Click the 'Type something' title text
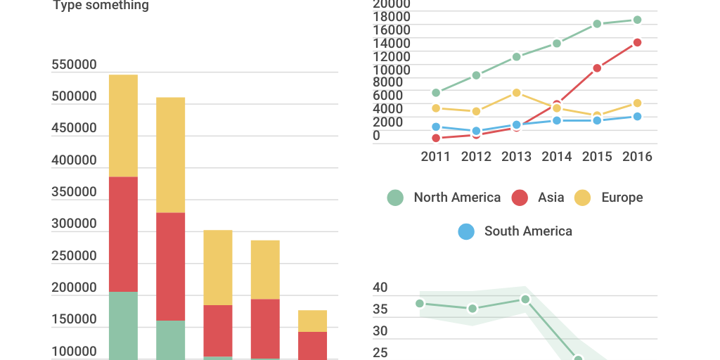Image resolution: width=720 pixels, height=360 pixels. (x=101, y=6)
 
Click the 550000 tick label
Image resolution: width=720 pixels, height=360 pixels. (x=74, y=65)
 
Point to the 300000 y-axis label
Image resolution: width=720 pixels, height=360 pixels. (x=74, y=224)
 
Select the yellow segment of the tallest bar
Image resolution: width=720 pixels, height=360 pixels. (x=123, y=125)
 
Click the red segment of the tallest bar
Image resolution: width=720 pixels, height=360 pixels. (x=123, y=233)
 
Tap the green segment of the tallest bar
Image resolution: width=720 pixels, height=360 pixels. (x=123, y=325)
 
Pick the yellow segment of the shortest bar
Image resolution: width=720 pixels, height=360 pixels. (x=312, y=321)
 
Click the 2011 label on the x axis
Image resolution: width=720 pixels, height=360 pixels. (x=436, y=156)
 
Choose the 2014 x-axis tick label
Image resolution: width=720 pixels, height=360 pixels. (x=557, y=156)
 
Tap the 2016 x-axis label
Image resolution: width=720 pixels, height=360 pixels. (x=637, y=156)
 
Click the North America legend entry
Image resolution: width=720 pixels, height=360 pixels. (x=444, y=198)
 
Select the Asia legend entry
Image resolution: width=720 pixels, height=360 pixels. (x=538, y=198)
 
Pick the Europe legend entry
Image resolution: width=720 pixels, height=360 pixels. (x=609, y=198)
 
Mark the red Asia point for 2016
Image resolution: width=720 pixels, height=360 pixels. (x=637, y=42)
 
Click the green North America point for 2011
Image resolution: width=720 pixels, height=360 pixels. (x=436, y=93)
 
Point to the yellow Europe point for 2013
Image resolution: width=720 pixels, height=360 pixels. (x=517, y=93)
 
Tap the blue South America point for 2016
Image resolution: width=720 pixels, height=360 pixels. (x=637, y=117)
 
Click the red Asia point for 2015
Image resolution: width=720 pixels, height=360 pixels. (x=597, y=68)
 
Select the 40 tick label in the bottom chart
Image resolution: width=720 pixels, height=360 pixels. (x=380, y=288)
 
